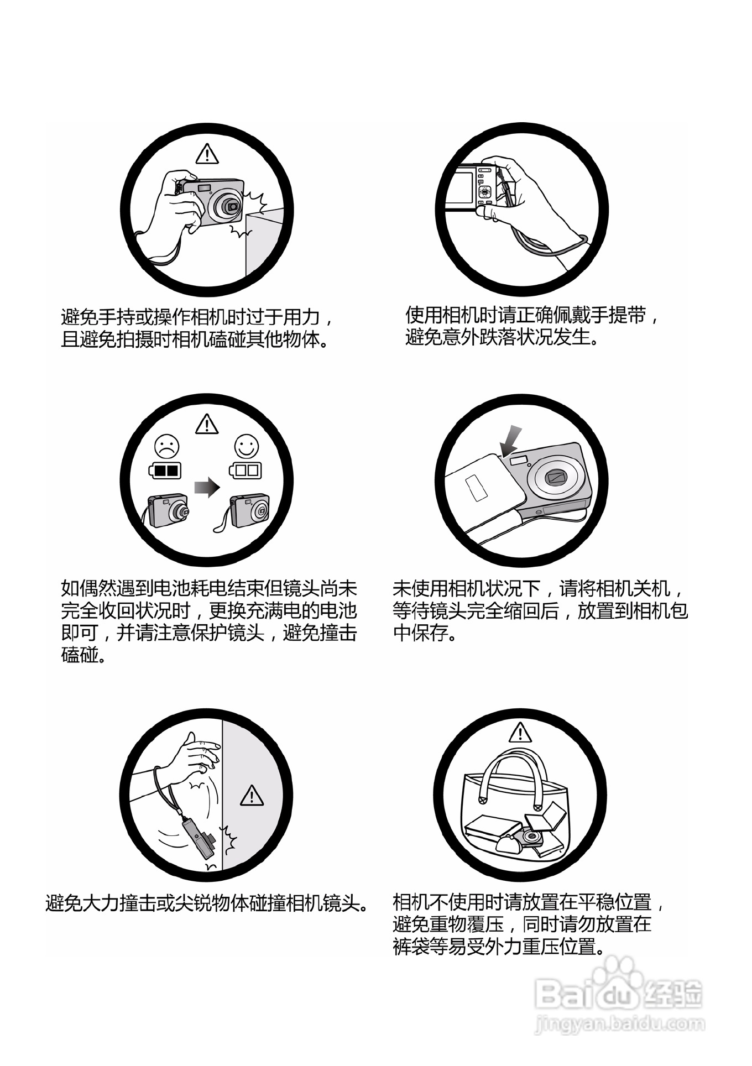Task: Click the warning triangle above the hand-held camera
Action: pyautogui.click(x=206, y=154)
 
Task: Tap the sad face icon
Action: pyautogui.click(x=166, y=446)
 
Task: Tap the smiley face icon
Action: pyautogui.click(x=246, y=446)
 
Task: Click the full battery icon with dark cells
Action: pyautogui.click(x=165, y=471)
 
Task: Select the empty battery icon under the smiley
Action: pyautogui.click(x=246, y=471)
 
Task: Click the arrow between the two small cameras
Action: pyautogui.click(x=207, y=488)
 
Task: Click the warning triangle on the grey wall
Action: pyautogui.click(x=252, y=795)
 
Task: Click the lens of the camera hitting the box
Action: pyautogui.click(x=232, y=206)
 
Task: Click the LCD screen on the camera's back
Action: pyautogui.click(x=461, y=187)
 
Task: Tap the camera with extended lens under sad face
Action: pyautogui.click(x=169, y=510)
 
